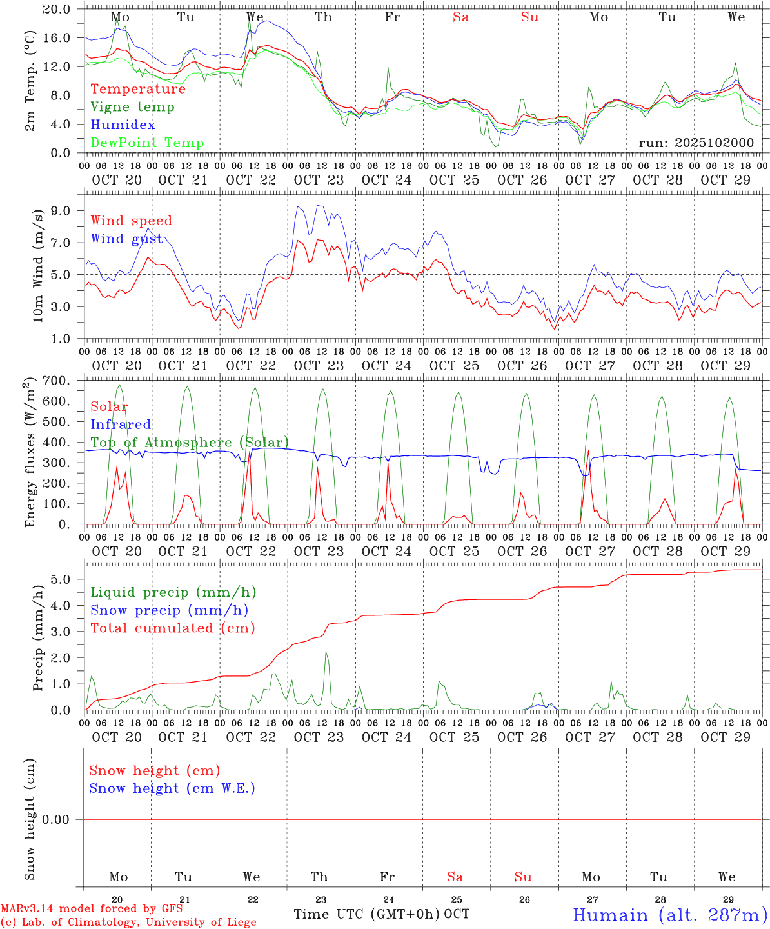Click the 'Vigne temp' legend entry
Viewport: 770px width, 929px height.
click(x=132, y=107)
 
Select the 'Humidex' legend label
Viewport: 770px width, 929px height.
click(x=123, y=125)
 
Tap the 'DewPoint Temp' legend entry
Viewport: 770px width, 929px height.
click(x=147, y=143)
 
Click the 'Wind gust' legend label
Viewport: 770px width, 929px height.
click(x=126, y=239)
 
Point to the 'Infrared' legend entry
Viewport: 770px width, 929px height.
click(x=121, y=425)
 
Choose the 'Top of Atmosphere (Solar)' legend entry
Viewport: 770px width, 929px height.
click(x=190, y=443)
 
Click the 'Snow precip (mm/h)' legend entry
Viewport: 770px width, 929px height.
click(x=169, y=610)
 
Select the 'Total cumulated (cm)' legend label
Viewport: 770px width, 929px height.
click(x=172, y=628)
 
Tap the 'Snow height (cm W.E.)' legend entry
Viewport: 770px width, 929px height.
click(x=172, y=788)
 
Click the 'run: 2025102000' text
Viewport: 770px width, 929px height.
click(x=696, y=143)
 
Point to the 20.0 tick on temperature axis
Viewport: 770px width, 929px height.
click(x=57, y=9)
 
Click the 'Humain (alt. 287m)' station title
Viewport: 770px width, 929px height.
click(x=670, y=915)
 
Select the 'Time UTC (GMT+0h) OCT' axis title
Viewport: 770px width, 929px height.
click(x=382, y=914)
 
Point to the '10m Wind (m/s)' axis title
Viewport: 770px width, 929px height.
click(x=39, y=265)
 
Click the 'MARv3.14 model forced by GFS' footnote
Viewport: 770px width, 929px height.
click(x=92, y=909)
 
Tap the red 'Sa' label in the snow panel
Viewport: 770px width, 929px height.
click(x=455, y=877)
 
